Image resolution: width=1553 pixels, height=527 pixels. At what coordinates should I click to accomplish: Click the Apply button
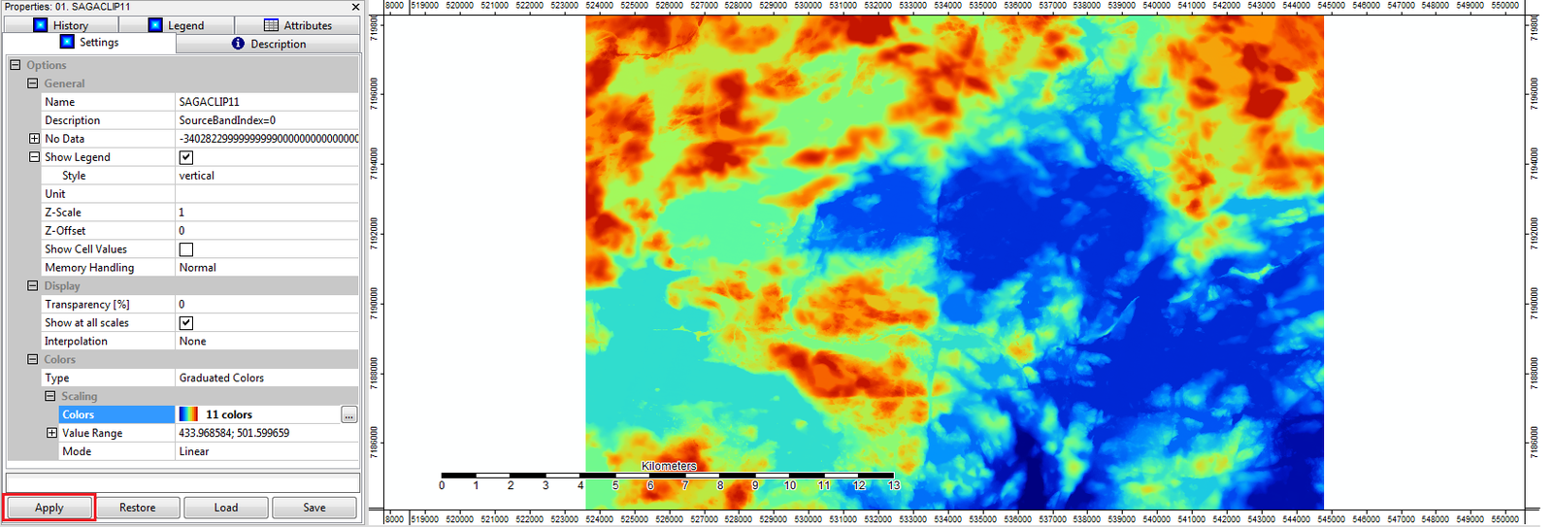point(50,508)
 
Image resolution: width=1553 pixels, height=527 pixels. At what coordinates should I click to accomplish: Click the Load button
point(226,508)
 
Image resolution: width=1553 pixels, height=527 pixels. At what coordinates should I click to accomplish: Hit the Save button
point(314,508)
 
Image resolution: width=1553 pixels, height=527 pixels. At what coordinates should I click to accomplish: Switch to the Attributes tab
point(298,25)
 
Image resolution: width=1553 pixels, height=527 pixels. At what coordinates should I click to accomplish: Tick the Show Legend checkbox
point(186,157)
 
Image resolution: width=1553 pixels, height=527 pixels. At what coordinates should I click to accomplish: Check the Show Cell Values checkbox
point(186,249)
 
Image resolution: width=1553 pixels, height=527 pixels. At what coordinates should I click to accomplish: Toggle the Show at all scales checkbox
point(186,323)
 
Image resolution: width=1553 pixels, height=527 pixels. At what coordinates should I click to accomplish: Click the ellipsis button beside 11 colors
point(348,415)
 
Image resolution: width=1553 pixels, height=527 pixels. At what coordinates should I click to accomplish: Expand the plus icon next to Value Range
point(51,433)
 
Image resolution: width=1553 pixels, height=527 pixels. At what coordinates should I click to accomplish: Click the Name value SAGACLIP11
point(209,102)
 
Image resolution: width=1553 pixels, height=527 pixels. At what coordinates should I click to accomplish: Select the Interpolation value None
point(192,342)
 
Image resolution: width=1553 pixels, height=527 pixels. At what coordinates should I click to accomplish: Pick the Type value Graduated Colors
point(221,379)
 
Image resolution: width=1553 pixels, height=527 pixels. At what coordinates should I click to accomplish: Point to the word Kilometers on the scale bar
point(669,466)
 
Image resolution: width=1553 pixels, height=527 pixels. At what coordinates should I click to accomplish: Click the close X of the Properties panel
point(355,7)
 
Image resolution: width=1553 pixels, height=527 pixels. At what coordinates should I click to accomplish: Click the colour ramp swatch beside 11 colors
point(188,414)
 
